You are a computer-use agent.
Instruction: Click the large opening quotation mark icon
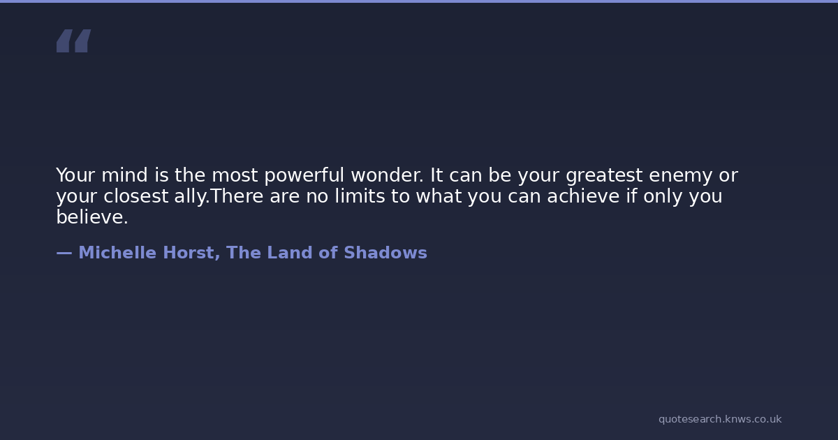point(74,41)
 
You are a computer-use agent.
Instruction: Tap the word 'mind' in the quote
point(124,175)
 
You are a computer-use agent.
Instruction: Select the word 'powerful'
point(304,175)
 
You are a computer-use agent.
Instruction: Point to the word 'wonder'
point(385,175)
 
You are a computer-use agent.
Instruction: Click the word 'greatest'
point(604,176)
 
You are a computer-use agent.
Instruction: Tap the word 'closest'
point(135,196)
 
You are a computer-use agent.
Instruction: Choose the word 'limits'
point(360,196)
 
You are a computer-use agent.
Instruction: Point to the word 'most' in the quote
point(235,175)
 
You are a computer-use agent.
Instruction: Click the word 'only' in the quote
point(663,197)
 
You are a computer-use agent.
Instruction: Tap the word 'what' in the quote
point(439,196)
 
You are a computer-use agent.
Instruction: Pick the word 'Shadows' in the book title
point(385,253)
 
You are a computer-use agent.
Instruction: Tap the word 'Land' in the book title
point(290,253)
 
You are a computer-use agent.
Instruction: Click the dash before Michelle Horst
point(64,254)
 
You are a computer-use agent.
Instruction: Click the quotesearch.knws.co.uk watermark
point(720,419)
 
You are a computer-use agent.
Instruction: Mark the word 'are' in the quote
point(284,197)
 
